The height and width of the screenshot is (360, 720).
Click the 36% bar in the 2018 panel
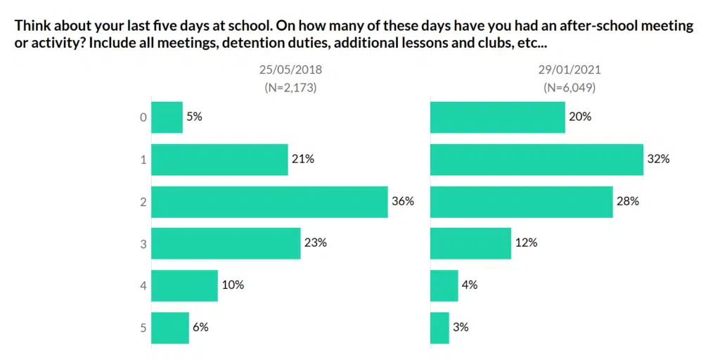(x=269, y=201)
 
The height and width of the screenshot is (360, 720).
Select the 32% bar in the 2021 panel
(x=536, y=159)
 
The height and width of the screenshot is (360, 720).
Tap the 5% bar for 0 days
(x=167, y=117)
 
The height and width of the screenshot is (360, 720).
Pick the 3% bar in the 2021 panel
(x=439, y=327)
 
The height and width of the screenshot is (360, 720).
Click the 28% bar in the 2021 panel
(x=521, y=201)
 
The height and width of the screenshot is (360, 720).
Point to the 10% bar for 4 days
(x=184, y=285)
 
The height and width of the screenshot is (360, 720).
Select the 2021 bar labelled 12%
(x=470, y=243)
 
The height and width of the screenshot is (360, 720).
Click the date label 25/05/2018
(x=290, y=70)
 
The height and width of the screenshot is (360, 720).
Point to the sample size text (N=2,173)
(x=290, y=88)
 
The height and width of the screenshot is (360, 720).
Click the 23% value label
(x=316, y=243)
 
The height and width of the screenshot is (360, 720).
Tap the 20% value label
(x=580, y=117)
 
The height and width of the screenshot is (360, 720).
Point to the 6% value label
(x=200, y=327)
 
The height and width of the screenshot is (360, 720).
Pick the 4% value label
(x=470, y=285)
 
